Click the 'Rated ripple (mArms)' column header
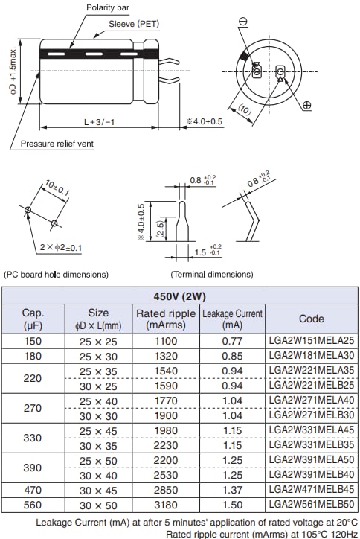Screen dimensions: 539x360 click(x=166, y=319)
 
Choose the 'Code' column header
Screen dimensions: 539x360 click(x=311, y=319)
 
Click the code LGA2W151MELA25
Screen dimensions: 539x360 click(x=311, y=340)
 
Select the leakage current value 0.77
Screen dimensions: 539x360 click(x=233, y=340)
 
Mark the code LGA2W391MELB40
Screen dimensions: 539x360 click(x=311, y=475)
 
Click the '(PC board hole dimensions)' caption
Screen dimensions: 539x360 click(x=56, y=275)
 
